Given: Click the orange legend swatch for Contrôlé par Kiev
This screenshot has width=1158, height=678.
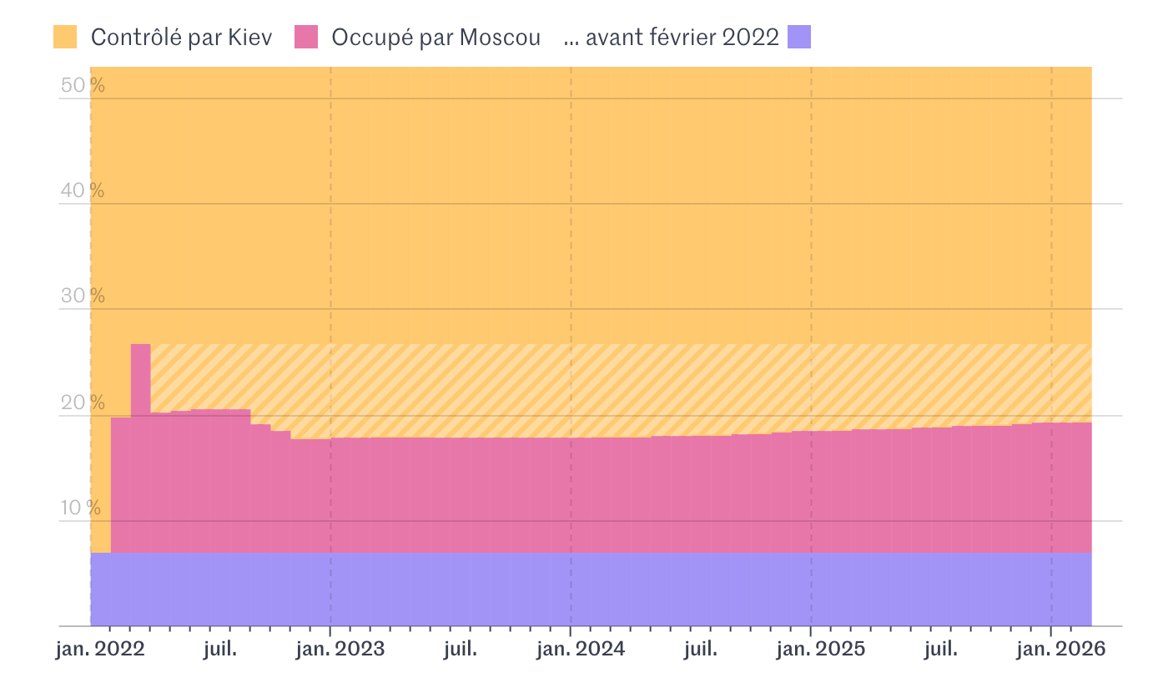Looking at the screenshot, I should (x=65, y=37).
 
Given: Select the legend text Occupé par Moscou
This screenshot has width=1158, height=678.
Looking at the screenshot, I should (x=436, y=38).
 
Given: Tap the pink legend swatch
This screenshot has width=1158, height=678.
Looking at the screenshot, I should (x=306, y=37).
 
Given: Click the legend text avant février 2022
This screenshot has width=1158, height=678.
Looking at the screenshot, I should (x=672, y=38).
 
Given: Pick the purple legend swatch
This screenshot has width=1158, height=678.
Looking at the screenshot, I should (x=799, y=37).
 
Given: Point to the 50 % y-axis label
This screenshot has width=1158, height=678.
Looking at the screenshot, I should (x=83, y=85).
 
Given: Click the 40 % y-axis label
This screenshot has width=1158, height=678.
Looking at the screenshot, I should (x=83, y=190).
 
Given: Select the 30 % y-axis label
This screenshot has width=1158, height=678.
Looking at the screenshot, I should (x=83, y=296).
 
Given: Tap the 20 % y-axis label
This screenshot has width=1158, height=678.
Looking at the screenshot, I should (x=83, y=402).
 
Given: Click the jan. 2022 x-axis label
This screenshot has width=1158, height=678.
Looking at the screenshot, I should (x=100, y=650).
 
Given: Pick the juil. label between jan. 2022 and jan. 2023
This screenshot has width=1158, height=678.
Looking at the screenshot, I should (x=219, y=650).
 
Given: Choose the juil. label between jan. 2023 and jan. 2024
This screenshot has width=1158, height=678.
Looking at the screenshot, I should (x=460, y=650).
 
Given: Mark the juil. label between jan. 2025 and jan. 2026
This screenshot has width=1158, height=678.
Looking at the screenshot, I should (x=940, y=650).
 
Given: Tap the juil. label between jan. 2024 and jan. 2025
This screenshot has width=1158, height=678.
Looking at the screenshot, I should (x=700, y=650).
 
